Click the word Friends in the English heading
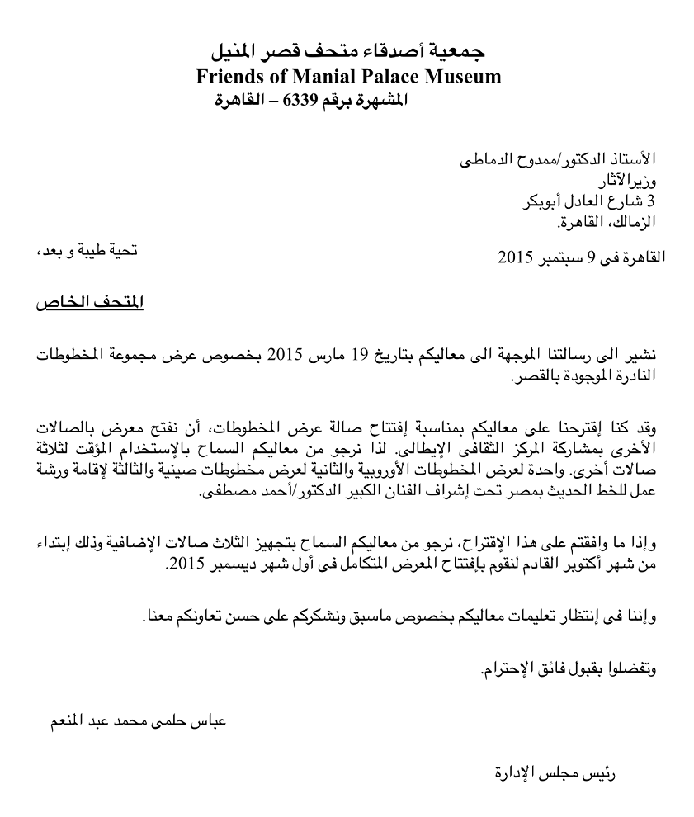227,78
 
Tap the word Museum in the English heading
463,78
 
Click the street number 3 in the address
653,201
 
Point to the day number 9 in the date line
591,257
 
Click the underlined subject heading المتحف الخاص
90,304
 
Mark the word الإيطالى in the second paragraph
424,451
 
